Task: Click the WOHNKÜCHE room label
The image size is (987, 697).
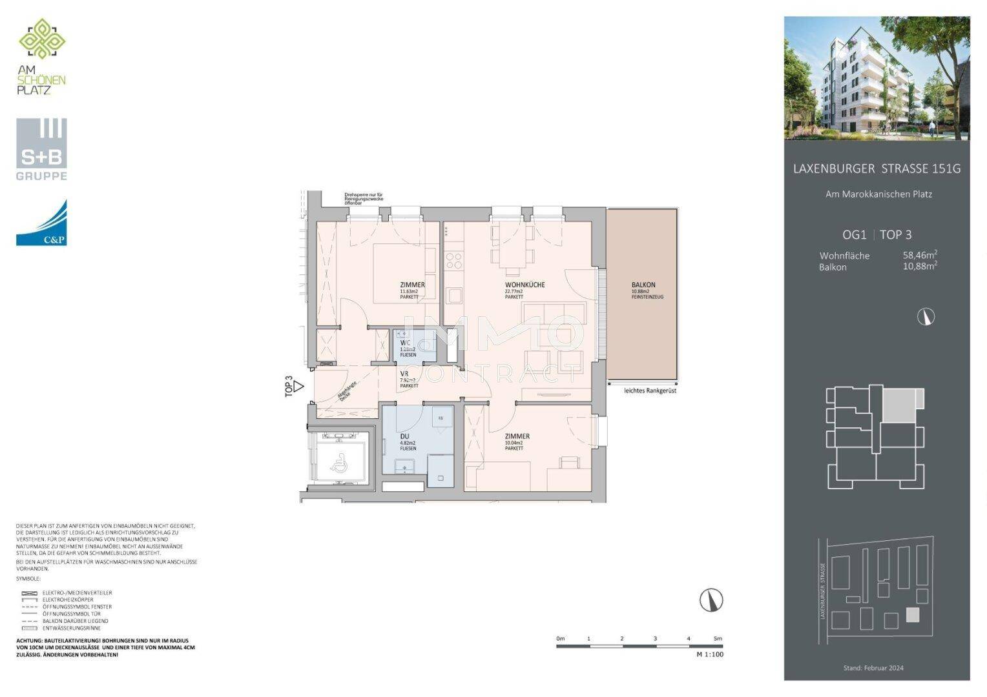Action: point(525,285)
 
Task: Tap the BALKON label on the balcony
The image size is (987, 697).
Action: point(643,285)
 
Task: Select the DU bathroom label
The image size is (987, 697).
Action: point(404,437)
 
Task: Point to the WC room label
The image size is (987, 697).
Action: point(406,343)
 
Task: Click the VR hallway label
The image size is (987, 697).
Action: point(404,374)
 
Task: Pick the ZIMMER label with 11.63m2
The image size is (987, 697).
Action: point(412,285)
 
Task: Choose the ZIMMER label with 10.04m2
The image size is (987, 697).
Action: point(517,436)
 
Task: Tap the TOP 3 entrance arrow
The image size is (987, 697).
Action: point(298,387)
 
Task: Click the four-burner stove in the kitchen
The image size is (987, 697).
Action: point(454,260)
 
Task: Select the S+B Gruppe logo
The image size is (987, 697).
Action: point(41,149)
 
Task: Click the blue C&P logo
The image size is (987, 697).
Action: point(41,223)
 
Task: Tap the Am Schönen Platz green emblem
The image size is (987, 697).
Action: point(42,39)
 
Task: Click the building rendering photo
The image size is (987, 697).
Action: point(877,78)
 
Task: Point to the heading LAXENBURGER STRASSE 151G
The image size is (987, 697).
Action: point(877,169)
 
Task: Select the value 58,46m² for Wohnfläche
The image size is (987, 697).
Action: point(920,255)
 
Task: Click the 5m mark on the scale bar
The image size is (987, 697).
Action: point(718,638)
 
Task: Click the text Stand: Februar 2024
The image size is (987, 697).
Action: point(873,668)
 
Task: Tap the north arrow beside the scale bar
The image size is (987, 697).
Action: point(711,600)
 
